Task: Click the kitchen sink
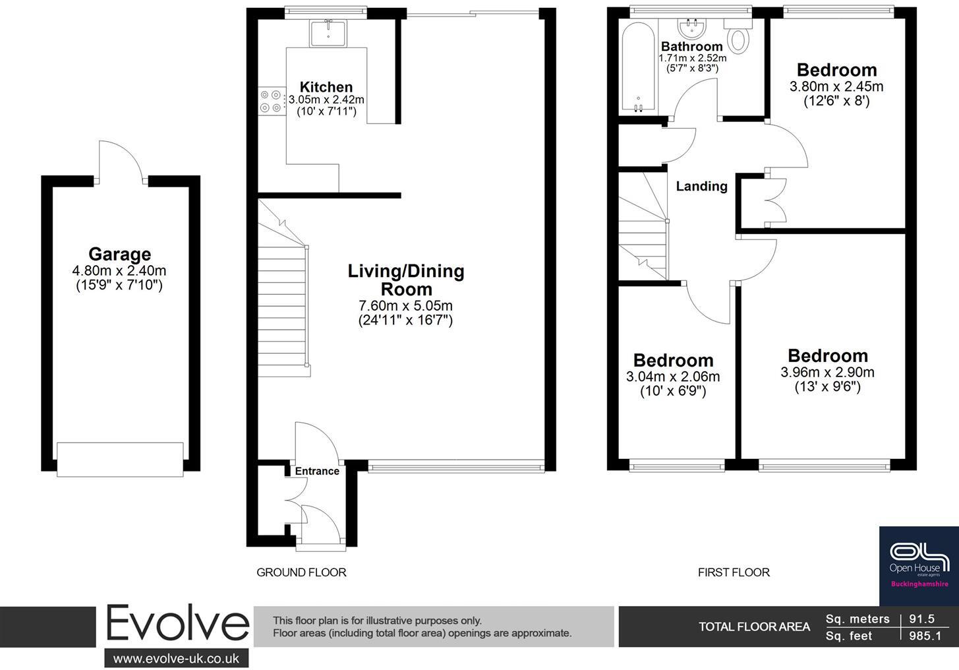pos(328,33)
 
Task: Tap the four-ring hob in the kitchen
pos(272,101)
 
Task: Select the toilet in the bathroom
pos(738,35)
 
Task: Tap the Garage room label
pos(120,254)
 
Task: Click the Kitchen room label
pos(326,87)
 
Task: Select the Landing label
pos(702,186)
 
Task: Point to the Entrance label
pos(317,472)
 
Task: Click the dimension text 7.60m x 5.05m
pos(405,305)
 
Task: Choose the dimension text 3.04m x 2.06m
pos(673,377)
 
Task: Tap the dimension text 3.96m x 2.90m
pos(828,372)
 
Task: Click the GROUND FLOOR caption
pos(301,572)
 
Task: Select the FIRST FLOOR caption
pos(734,572)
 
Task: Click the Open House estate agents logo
pos(919,566)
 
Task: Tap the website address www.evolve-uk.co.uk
pos(177,658)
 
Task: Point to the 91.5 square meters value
pos(921,619)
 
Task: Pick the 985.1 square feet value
pos(925,636)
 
